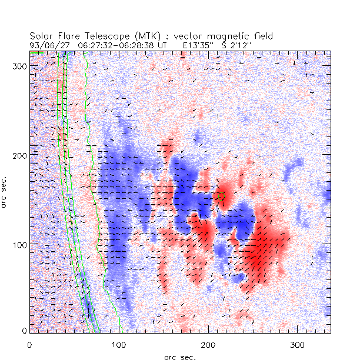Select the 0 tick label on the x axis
click(29, 344)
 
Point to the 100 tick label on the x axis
click(119, 344)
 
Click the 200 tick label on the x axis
click(208, 344)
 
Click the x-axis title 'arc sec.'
click(179, 357)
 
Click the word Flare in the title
click(67, 36)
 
